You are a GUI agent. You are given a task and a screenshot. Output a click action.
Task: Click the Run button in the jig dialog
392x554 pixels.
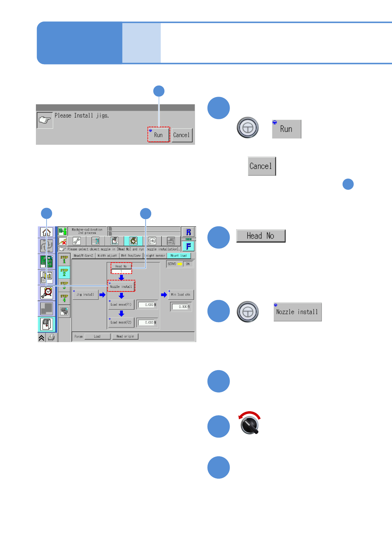[158, 135]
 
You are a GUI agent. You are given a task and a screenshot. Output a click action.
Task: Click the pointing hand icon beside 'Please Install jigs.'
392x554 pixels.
[44, 120]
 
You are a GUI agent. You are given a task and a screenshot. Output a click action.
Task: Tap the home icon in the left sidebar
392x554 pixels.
[46, 232]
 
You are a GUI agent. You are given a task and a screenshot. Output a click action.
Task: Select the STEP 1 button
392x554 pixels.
[64, 259]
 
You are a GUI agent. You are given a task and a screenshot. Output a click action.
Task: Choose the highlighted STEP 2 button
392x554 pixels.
[64, 272]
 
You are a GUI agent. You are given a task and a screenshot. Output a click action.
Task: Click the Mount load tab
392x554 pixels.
[179, 256]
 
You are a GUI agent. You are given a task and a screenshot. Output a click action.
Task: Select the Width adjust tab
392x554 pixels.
[107, 256]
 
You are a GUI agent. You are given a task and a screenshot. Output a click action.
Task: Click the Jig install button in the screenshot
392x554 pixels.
[85, 294]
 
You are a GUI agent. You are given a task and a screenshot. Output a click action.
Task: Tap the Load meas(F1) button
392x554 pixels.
[121, 304]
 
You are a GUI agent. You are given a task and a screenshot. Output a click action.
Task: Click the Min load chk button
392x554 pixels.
[181, 294]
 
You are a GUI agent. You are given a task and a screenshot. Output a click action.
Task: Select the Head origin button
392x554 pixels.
[125, 336]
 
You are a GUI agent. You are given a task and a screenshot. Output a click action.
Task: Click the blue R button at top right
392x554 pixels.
[188, 232]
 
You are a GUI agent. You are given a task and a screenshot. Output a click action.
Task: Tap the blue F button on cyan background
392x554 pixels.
[188, 246]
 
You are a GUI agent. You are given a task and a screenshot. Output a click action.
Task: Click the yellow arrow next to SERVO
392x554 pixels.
[180, 264]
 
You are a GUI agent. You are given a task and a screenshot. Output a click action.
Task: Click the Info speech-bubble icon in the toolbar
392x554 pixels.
[152, 241]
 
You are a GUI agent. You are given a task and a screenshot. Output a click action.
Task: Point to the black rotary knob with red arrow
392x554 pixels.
[250, 424]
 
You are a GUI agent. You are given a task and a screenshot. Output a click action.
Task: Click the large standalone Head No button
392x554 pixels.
[261, 236]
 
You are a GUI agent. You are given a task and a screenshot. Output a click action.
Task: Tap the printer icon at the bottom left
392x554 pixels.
[51, 337]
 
